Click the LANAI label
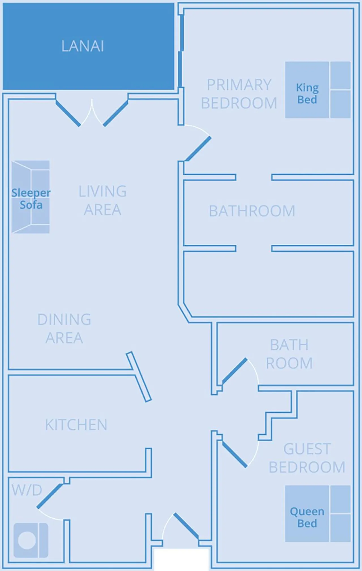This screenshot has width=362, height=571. click(x=83, y=46)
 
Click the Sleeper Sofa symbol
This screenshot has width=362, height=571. click(x=31, y=197)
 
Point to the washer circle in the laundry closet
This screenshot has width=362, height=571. click(x=27, y=540)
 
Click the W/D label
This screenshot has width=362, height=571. click(x=27, y=490)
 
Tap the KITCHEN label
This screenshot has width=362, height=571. click(x=76, y=425)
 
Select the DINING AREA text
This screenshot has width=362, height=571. click(x=64, y=329)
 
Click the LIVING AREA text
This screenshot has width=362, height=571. click(x=102, y=200)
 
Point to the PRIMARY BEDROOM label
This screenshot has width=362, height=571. click(x=239, y=94)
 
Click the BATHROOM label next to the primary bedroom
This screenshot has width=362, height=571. click(x=252, y=211)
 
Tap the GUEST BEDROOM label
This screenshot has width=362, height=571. click(x=307, y=458)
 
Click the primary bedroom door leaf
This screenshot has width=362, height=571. click(x=198, y=149)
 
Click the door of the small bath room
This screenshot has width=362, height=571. click(x=235, y=371)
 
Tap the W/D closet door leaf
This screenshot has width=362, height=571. click(x=50, y=496)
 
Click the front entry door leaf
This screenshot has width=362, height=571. click(x=186, y=526)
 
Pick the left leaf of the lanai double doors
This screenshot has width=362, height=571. click(x=68, y=114)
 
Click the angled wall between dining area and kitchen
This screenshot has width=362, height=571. click(x=139, y=377)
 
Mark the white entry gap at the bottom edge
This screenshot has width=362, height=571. click(x=181, y=560)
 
